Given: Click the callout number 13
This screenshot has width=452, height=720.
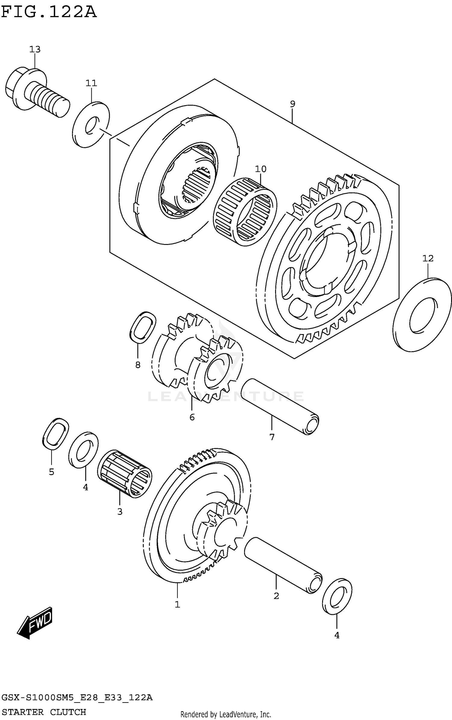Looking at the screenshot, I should click(x=35, y=49).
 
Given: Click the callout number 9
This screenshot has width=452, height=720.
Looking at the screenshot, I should click(x=292, y=104).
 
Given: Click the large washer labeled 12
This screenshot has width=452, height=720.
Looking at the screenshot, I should click(x=422, y=314).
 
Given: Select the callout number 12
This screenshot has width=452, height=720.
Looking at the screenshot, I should click(x=428, y=258).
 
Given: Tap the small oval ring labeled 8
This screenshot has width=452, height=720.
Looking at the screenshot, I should click(x=142, y=327).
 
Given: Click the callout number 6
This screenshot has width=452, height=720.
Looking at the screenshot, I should click(x=192, y=417).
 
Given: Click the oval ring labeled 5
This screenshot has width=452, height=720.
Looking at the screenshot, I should click(x=55, y=434).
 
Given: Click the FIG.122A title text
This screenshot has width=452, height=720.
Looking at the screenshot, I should click(x=49, y=13).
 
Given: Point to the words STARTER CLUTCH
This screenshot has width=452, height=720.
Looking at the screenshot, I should click(x=44, y=712).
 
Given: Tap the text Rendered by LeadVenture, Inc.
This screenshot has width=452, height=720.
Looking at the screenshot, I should click(x=225, y=714).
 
